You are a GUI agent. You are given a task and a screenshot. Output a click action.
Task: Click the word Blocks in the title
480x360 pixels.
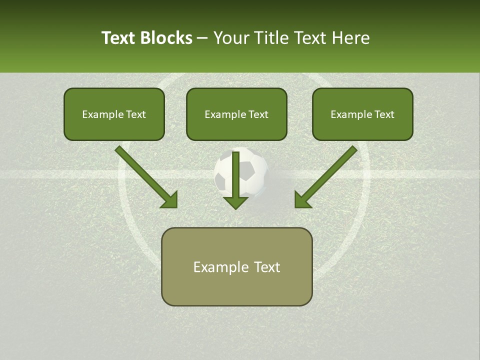point(166,38)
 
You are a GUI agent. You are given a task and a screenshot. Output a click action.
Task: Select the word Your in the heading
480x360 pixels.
point(231,38)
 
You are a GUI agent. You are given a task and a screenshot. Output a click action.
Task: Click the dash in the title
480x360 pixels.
point(203,38)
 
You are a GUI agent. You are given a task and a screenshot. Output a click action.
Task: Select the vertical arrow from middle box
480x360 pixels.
point(235,172)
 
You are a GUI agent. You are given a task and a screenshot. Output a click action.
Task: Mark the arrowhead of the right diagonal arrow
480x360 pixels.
point(302,200)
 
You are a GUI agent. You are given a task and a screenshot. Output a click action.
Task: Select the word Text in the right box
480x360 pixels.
point(384,114)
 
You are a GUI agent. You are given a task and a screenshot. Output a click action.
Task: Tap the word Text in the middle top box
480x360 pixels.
point(258,114)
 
